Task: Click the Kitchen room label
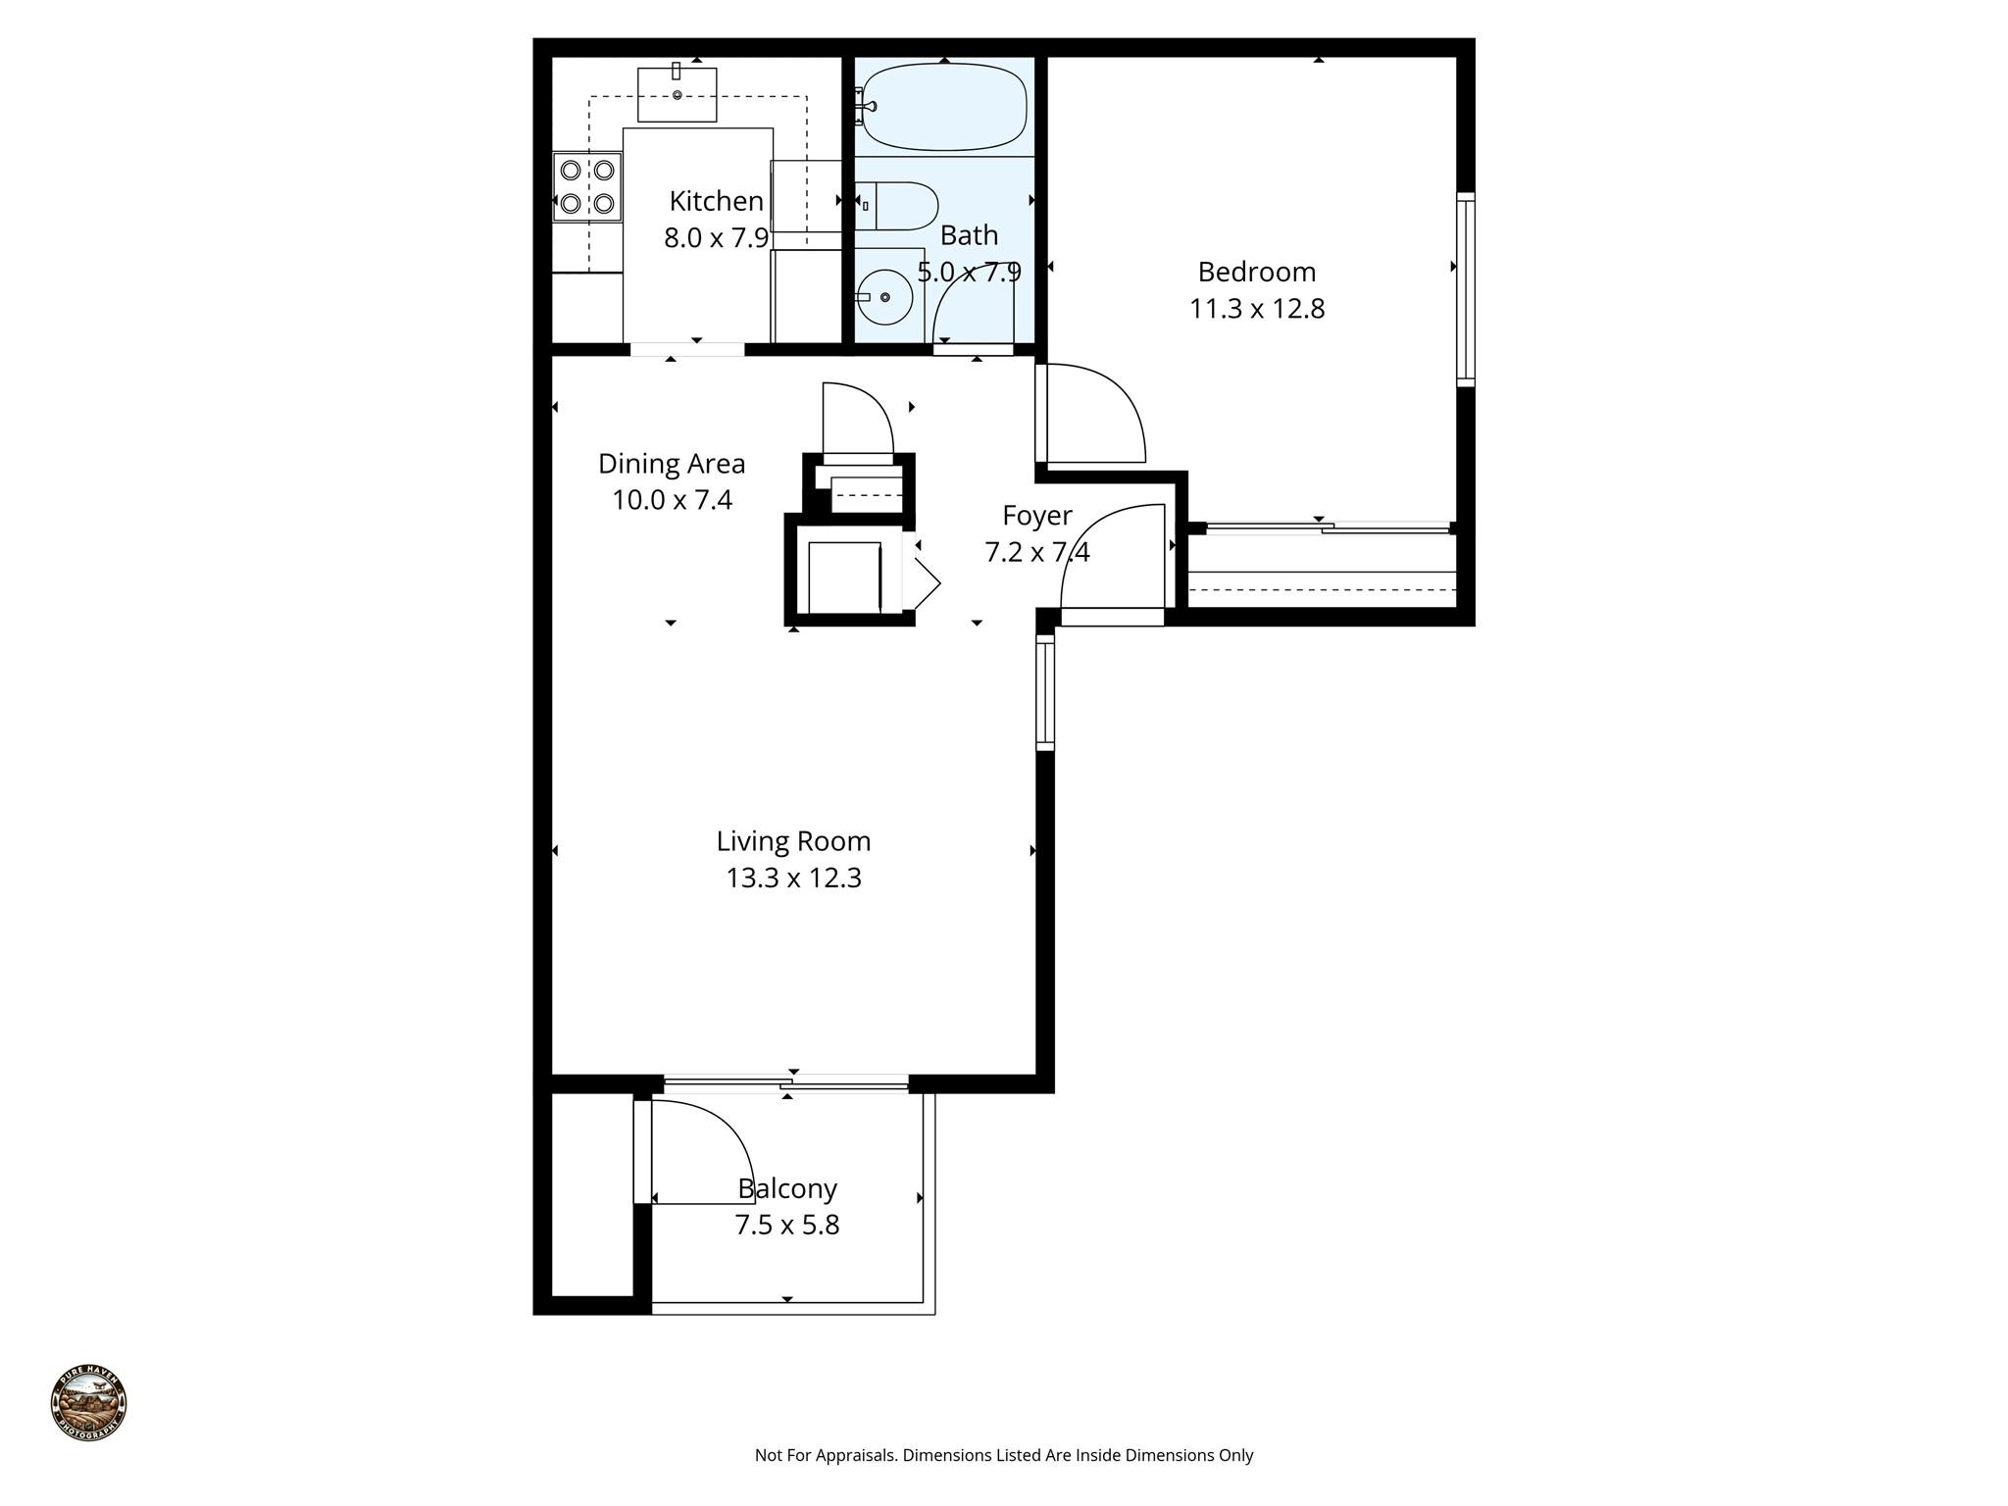(716, 201)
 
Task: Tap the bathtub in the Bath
(944, 106)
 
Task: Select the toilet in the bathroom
(898, 205)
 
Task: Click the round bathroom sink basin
(884, 296)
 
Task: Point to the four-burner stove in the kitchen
(587, 186)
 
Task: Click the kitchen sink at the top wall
(677, 94)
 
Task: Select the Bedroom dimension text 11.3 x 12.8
(1257, 309)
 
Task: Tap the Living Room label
(793, 841)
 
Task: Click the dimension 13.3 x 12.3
(793, 878)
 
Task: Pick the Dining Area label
(672, 463)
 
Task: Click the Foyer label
(1036, 515)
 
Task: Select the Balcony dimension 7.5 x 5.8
(787, 1226)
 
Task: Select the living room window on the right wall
(1045, 692)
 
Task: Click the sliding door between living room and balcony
(786, 1083)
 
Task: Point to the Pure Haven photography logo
(88, 1403)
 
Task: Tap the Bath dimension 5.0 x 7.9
(969, 272)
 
